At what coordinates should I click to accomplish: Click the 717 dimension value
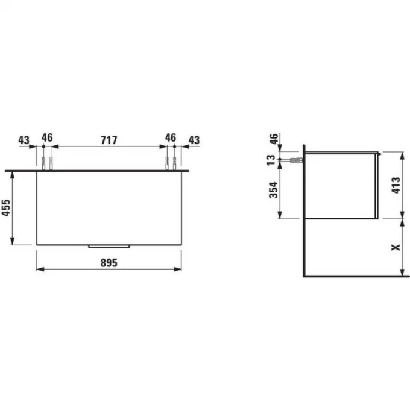pos(108,139)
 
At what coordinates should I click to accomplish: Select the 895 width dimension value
pos(108,263)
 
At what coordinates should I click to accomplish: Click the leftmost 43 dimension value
pos(24,139)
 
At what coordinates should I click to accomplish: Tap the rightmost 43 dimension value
pos(194,139)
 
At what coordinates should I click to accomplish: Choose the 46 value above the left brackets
pos(47,138)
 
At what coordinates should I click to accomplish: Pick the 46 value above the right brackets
pos(170,138)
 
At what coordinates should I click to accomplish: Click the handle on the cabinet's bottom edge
pos(109,246)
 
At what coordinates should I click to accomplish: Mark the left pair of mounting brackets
pos(47,163)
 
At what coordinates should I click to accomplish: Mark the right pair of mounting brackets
pos(170,163)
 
